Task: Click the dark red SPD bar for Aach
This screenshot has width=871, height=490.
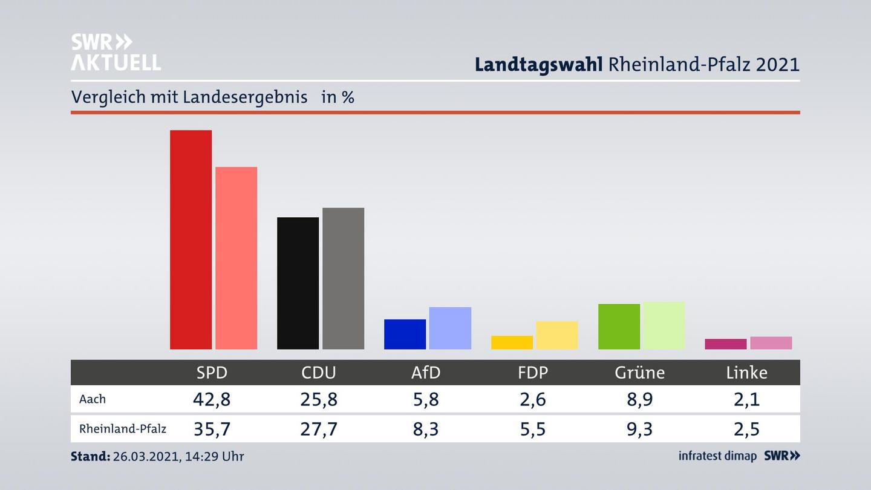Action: tap(191, 240)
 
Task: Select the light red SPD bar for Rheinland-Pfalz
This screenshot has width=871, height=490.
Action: tap(236, 258)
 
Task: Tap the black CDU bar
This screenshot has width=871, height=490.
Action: tap(298, 283)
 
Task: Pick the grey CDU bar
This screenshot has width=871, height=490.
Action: tap(343, 278)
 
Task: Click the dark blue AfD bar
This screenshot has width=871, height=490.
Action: tap(405, 334)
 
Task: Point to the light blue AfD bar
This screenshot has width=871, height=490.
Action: tap(450, 328)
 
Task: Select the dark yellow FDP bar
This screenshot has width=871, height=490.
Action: tap(512, 342)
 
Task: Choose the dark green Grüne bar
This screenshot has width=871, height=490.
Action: tap(619, 326)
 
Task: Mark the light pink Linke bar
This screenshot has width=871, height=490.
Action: tap(771, 343)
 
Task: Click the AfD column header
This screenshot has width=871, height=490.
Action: tap(426, 373)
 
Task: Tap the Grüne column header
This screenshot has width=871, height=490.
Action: tap(639, 373)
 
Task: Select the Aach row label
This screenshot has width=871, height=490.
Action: tap(93, 399)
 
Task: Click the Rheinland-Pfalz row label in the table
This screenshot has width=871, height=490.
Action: tap(123, 429)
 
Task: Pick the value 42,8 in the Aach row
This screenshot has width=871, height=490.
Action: tap(212, 399)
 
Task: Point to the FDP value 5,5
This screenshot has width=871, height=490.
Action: tap(532, 429)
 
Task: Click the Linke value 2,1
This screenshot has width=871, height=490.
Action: tap(746, 399)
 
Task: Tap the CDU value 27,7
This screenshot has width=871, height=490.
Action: tap(319, 429)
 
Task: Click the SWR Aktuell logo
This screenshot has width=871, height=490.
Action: tap(116, 52)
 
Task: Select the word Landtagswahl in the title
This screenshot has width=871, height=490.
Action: tap(538, 64)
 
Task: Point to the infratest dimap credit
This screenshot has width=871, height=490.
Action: tap(717, 456)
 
